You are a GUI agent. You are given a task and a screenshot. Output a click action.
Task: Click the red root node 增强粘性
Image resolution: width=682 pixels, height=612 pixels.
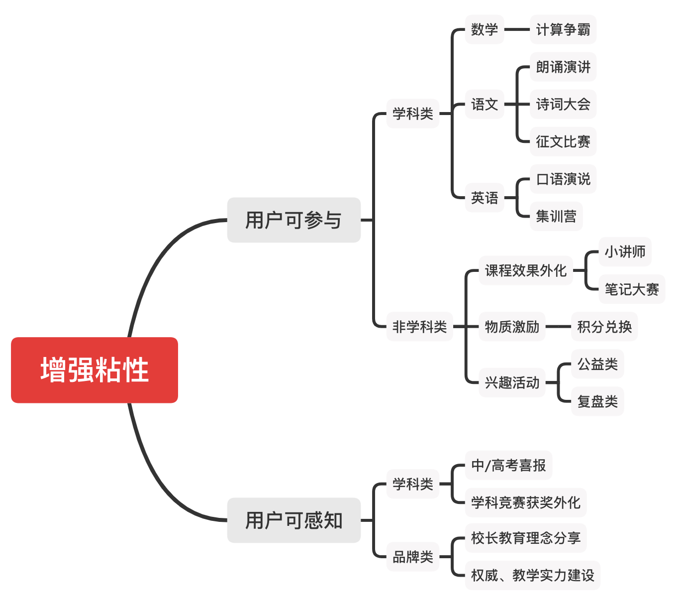[x=95, y=370]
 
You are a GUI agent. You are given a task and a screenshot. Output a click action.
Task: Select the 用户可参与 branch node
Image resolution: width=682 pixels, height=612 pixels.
[x=293, y=220]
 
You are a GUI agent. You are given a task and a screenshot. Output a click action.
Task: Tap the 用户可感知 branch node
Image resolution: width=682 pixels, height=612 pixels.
[x=293, y=520]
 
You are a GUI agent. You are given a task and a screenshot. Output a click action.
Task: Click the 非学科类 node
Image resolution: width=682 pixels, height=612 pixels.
[x=419, y=327]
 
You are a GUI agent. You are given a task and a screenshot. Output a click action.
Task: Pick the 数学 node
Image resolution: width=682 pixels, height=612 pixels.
[x=484, y=29]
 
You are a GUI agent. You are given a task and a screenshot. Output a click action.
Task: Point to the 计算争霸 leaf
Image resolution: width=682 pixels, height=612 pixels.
[x=563, y=29]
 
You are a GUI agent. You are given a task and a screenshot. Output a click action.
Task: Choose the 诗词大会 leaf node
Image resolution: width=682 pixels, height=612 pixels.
[x=563, y=104]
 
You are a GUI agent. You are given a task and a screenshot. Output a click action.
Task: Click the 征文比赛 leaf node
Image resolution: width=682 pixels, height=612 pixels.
[x=563, y=141]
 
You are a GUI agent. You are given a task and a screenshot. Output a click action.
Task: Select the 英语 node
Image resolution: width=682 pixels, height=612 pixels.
[x=484, y=198]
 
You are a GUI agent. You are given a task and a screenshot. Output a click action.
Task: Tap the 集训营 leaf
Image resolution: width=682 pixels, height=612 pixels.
[x=556, y=216]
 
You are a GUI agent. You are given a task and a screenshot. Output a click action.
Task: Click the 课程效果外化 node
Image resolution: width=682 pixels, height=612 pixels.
[x=525, y=270]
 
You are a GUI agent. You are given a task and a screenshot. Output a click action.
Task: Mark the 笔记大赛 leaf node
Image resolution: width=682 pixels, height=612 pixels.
[x=631, y=289]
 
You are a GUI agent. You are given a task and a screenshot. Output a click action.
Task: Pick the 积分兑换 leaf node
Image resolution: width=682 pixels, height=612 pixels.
[x=604, y=327]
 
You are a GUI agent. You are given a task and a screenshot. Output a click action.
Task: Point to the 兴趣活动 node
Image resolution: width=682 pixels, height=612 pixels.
[x=512, y=382]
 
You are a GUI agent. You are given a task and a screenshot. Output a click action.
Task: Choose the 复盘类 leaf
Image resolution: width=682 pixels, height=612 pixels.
[x=597, y=401]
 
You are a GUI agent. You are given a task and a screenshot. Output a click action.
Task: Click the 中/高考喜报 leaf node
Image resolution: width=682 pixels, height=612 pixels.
[x=508, y=465]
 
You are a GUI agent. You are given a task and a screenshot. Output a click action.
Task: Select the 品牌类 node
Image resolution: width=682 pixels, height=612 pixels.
[x=412, y=557]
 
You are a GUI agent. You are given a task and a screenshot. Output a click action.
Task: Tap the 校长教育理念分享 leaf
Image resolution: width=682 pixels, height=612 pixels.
[x=525, y=538]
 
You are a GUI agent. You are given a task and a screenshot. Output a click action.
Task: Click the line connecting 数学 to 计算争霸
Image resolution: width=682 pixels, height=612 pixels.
[x=517, y=29]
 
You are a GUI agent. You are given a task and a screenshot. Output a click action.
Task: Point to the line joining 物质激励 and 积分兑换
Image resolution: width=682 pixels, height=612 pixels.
[x=558, y=327]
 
